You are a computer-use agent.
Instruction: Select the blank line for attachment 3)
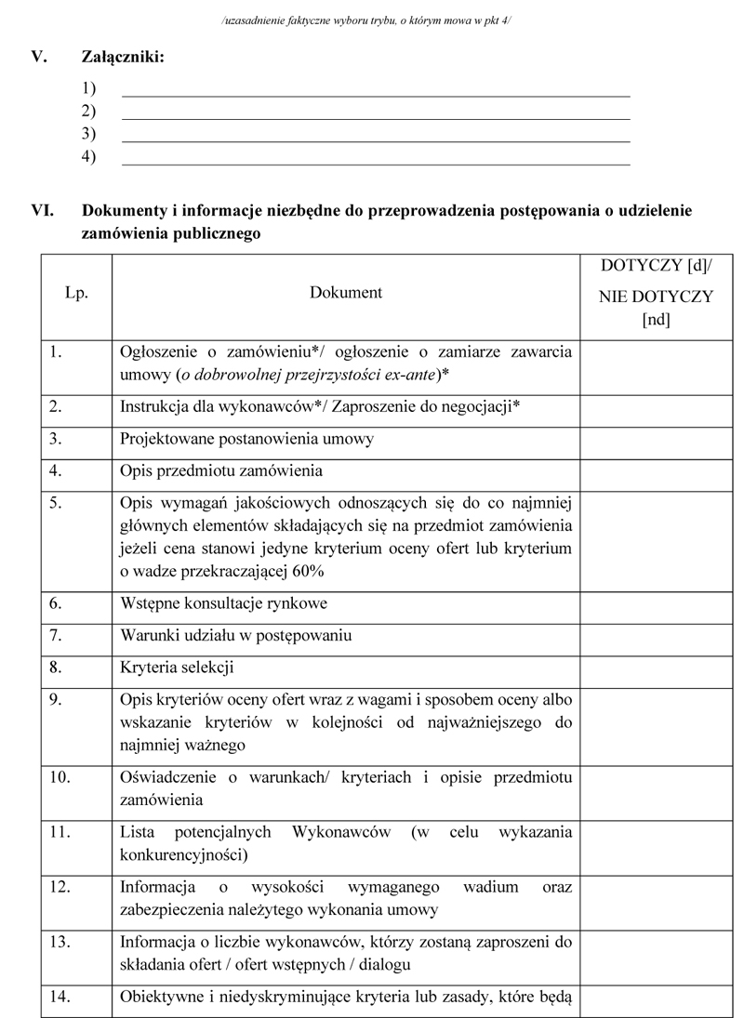(376, 140)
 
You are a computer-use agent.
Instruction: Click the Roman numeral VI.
(43, 211)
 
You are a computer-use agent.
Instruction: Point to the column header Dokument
(346, 293)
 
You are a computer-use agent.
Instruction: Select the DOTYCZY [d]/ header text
(657, 265)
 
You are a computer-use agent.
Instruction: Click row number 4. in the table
(56, 470)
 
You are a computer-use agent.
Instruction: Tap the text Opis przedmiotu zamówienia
(221, 470)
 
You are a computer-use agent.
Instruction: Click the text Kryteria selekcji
(177, 668)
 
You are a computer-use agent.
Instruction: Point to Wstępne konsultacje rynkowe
(223, 603)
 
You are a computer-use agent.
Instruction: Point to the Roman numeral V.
(39, 58)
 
